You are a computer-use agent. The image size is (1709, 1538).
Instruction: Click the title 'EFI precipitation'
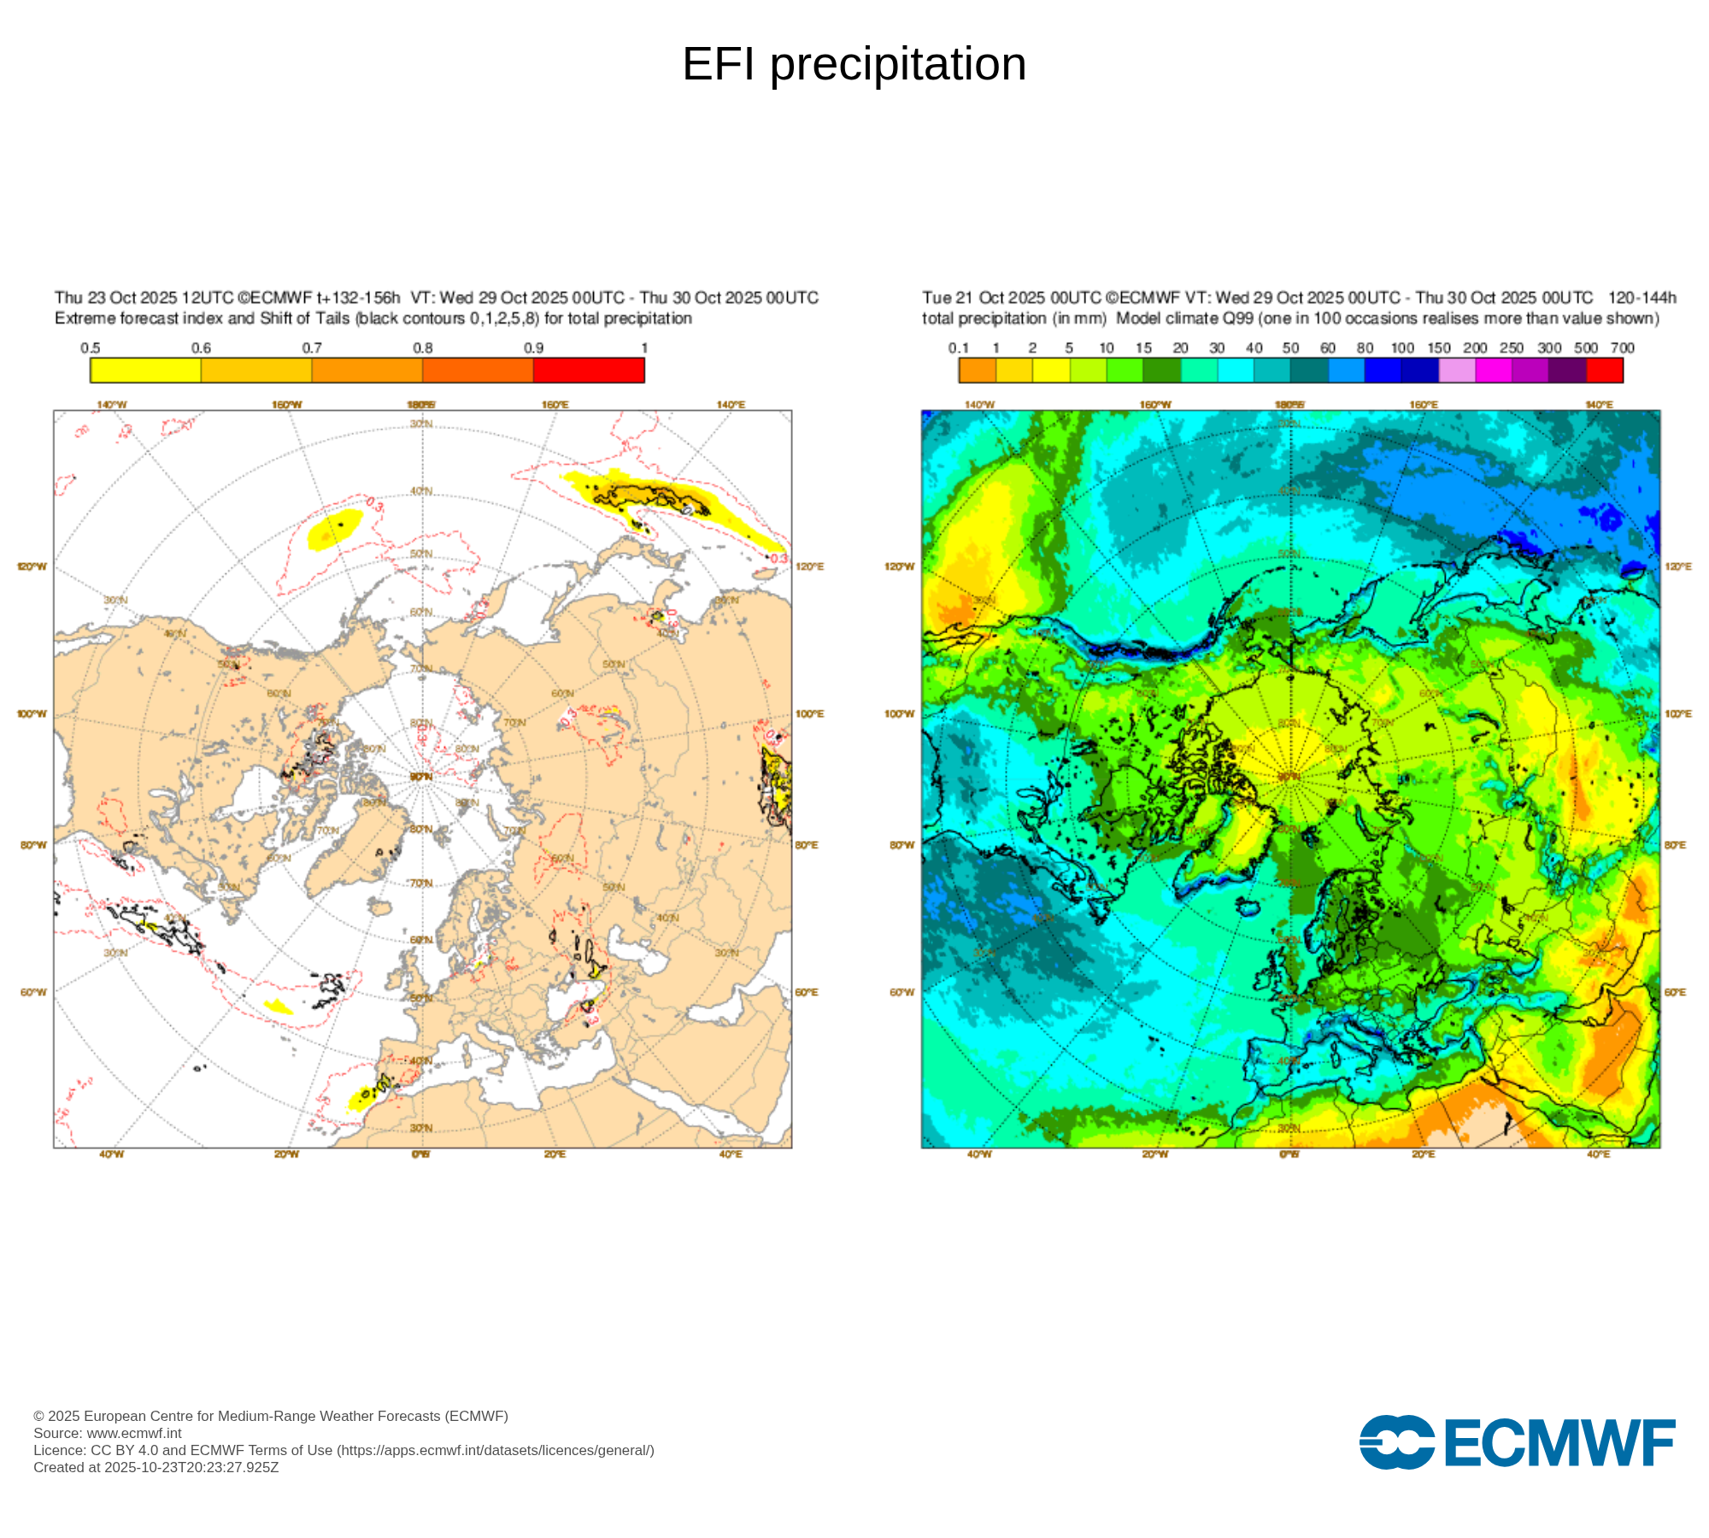pyautogui.click(x=854, y=64)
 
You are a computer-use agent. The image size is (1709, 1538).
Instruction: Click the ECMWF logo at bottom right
pyautogui.click(x=1517, y=1442)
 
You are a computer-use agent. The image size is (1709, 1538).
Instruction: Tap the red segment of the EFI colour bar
pyautogui.click(x=589, y=370)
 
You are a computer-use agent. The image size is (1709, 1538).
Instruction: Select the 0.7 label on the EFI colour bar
pyautogui.click(x=312, y=348)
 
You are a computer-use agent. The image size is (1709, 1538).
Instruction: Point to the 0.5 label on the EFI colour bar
pyautogui.click(x=91, y=348)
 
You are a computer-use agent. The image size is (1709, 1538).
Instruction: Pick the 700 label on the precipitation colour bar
pyautogui.click(x=1622, y=348)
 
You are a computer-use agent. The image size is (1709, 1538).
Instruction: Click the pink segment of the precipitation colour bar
pyautogui.click(x=1457, y=370)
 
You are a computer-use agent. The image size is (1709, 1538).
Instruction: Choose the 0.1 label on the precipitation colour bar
pyautogui.click(x=959, y=348)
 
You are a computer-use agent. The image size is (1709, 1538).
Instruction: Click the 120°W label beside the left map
pyautogui.click(x=32, y=566)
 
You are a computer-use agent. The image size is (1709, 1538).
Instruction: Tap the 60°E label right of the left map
pyautogui.click(x=807, y=992)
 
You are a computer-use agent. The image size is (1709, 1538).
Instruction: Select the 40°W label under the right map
pyautogui.click(x=979, y=1154)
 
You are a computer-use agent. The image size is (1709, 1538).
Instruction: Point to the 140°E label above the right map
pyautogui.click(x=1599, y=404)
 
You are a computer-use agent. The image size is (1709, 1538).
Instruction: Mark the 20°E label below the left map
pyautogui.click(x=555, y=1154)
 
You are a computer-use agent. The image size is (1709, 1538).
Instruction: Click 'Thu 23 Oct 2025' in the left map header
pyautogui.click(x=116, y=297)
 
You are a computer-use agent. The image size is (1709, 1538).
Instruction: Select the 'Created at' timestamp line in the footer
pyautogui.click(x=156, y=1467)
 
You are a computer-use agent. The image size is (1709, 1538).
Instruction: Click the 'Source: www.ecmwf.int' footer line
pyautogui.click(x=108, y=1433)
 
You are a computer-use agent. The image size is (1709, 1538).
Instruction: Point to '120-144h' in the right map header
pyautogui.click(x=1641, y=297)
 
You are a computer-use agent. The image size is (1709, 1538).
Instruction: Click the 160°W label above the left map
pyautogui.click(x=286, y=404)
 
